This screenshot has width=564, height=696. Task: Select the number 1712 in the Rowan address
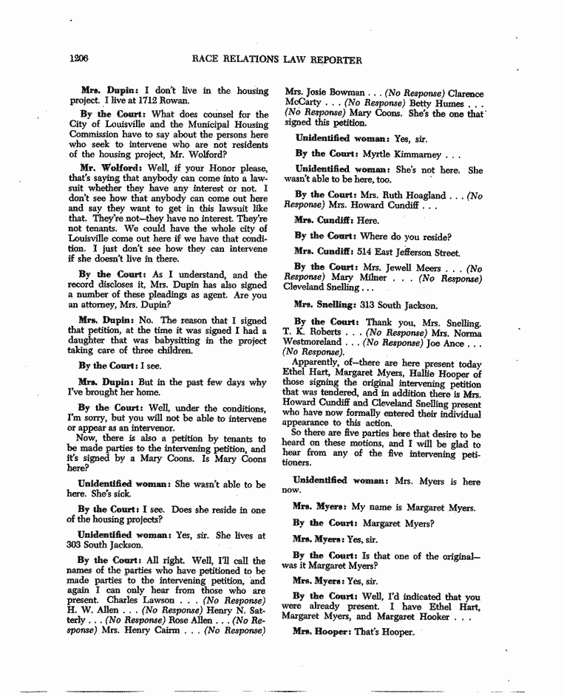click(140, 100)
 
